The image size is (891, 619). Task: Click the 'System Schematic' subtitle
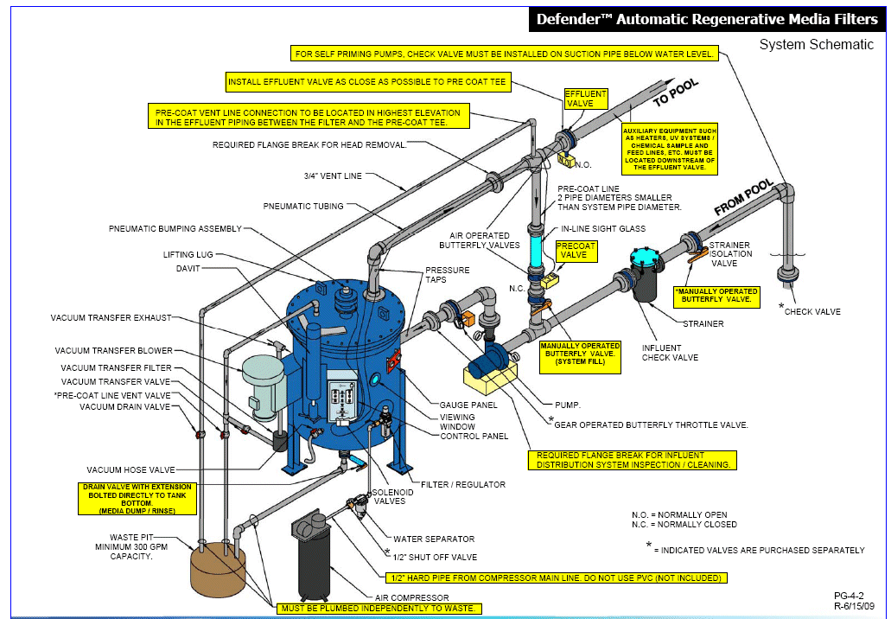click(817, 45)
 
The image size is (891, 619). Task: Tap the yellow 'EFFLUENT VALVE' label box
click(585, 99)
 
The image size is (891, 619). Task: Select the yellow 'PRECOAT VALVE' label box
click(576, 251)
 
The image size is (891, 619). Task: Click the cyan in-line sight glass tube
click(536, 252)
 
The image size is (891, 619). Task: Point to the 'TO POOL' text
click(675, 93)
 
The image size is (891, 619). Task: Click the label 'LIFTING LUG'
click(188, 255)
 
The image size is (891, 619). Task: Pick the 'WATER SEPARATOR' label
click(434, 539)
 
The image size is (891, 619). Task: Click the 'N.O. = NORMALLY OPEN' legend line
click(678, 515)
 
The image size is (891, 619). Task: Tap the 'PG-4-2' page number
click(849, 595)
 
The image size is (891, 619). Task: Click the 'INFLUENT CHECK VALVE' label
click(670, 353)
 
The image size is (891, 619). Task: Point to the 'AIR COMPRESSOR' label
click(410, 597)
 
